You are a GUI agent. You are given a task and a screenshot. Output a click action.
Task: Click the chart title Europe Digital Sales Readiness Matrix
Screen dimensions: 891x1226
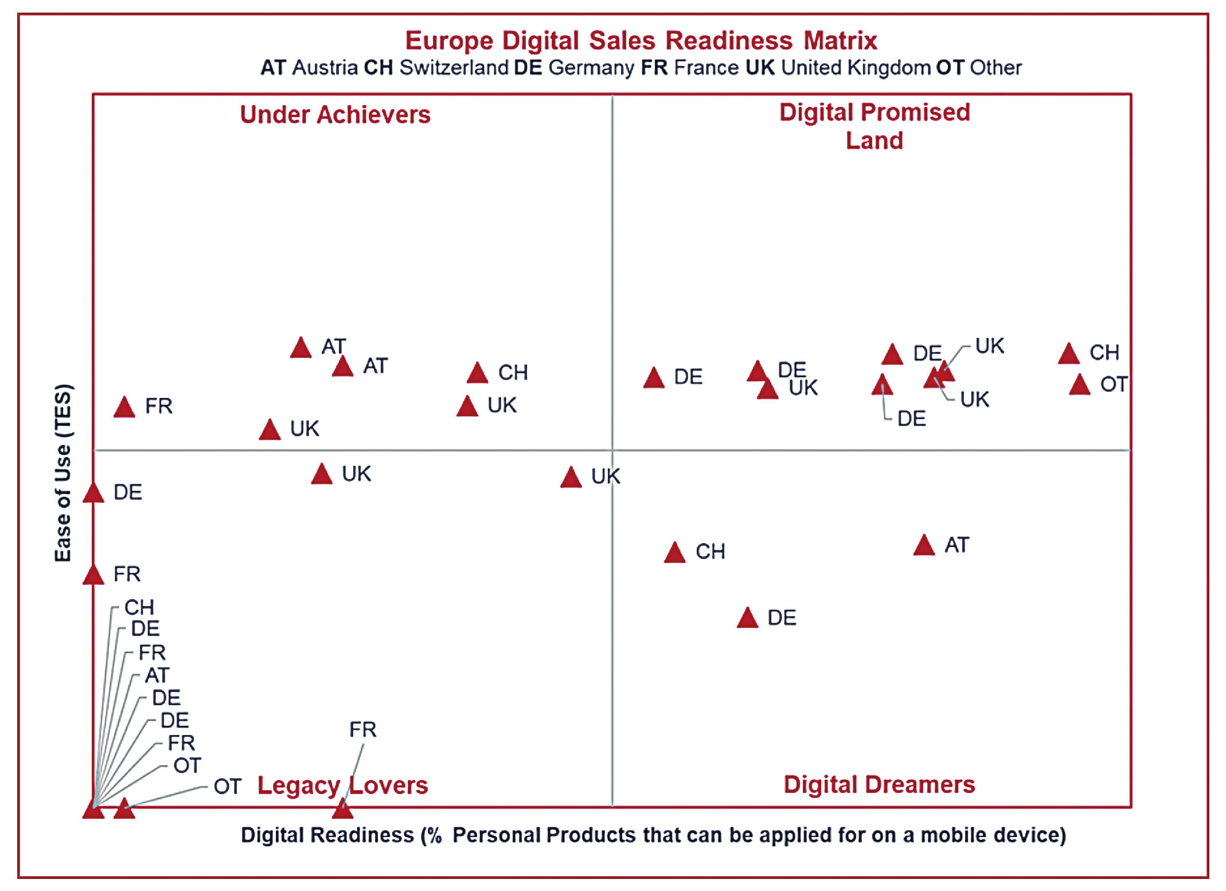coord(641,41)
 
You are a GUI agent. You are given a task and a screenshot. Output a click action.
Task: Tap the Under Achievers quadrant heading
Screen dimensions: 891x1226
coord(335,115)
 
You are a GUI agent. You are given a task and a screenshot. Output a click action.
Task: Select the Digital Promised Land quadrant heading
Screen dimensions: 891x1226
coord(874,126)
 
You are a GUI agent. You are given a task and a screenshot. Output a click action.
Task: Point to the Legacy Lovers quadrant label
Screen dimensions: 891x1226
coord(342,785)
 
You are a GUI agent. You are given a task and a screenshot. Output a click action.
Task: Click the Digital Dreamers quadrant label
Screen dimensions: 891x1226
coord(878,784)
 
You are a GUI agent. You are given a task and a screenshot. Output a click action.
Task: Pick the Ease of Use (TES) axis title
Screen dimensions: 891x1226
coord(63,472)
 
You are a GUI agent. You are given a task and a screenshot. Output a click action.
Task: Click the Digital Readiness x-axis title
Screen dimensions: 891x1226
coord(653,835)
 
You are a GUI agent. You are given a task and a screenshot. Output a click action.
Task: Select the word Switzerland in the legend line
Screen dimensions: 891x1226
coord(454,68)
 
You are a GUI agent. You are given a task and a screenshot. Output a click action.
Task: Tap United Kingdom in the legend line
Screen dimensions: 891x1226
coord(856,68)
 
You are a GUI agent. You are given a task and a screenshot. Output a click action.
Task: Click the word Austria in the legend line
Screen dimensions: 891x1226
coord(325,68)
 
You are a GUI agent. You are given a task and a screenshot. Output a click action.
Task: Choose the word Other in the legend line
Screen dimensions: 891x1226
coord(995,68)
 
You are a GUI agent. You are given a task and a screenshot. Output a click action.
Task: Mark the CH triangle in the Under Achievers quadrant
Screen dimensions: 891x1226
coord(477,374)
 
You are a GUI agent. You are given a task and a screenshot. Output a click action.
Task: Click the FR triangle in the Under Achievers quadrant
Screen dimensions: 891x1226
coord(124,408)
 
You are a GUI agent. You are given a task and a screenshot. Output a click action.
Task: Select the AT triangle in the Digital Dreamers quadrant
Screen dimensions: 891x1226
coord(924,546)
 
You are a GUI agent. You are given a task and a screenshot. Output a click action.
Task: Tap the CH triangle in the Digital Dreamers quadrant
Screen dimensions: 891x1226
coord(674,553)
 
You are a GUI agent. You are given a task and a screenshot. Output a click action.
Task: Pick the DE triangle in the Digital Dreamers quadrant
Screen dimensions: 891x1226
coord(747,619)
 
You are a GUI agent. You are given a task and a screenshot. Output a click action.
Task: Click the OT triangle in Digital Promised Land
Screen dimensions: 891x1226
coord(1079,385)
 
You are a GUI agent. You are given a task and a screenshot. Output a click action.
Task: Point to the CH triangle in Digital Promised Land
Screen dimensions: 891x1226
coord(1068,354)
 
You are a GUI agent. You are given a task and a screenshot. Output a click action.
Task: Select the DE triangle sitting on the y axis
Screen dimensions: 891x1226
coord(93,494)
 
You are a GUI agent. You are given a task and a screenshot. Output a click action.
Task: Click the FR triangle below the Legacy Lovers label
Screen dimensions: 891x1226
coord(342,808)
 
